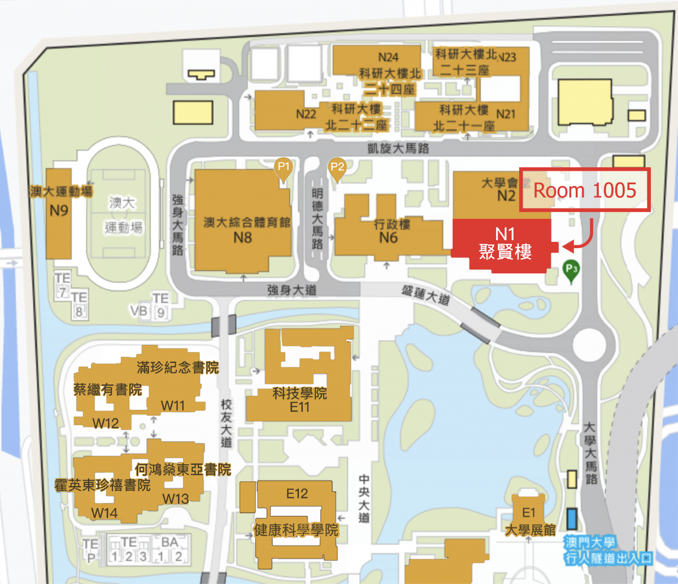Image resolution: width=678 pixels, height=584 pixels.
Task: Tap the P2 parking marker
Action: [x=337, y=167]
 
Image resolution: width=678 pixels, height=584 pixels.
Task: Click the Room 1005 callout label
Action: [x=585, y=190]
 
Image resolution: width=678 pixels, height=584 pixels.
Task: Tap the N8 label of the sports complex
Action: [x=242, y=237]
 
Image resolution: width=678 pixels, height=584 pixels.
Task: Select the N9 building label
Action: [x=59, y=211]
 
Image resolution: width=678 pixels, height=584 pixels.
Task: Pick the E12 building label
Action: [x=297, y=494]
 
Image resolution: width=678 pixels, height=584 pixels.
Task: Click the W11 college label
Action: [x=173, y=405]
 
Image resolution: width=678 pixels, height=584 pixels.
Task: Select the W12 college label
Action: [x=106, y=423]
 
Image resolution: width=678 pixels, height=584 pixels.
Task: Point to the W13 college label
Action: [x=176, y=498]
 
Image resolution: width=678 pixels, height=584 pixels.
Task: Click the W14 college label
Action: [x=105, y=513]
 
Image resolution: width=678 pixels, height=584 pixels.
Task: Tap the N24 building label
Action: [x=388, y=57]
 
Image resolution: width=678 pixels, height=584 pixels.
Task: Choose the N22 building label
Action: [x=306, y=114]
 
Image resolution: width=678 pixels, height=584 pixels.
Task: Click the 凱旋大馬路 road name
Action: [x=398, y=149]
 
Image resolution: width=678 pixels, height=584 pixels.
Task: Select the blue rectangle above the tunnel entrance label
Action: [x=572, y=517]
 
